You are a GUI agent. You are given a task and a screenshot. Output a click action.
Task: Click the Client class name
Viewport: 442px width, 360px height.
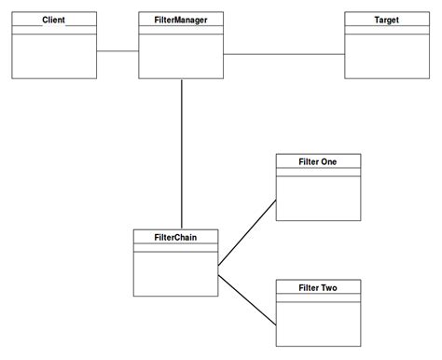54,19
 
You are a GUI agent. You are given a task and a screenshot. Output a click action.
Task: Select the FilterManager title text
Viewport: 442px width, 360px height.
181,19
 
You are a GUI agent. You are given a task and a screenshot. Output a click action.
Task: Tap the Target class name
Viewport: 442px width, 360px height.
386,19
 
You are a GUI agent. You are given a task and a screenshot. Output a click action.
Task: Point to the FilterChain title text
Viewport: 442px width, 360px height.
175,237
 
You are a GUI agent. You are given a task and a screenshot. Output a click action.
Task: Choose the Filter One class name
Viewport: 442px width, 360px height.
318,161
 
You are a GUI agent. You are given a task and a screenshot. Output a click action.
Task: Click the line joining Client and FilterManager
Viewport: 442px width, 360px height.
117,51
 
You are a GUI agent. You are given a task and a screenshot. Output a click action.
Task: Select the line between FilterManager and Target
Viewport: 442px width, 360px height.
283,54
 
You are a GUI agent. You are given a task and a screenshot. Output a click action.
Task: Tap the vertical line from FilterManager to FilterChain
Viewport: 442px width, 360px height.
181,154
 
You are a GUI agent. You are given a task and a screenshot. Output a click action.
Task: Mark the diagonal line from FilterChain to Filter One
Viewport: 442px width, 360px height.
247,234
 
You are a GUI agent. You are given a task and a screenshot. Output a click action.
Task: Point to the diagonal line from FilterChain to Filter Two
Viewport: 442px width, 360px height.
247,296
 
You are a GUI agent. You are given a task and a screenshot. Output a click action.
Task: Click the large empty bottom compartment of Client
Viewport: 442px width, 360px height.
54,56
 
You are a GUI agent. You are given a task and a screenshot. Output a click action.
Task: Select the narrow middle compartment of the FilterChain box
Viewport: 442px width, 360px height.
175,247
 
